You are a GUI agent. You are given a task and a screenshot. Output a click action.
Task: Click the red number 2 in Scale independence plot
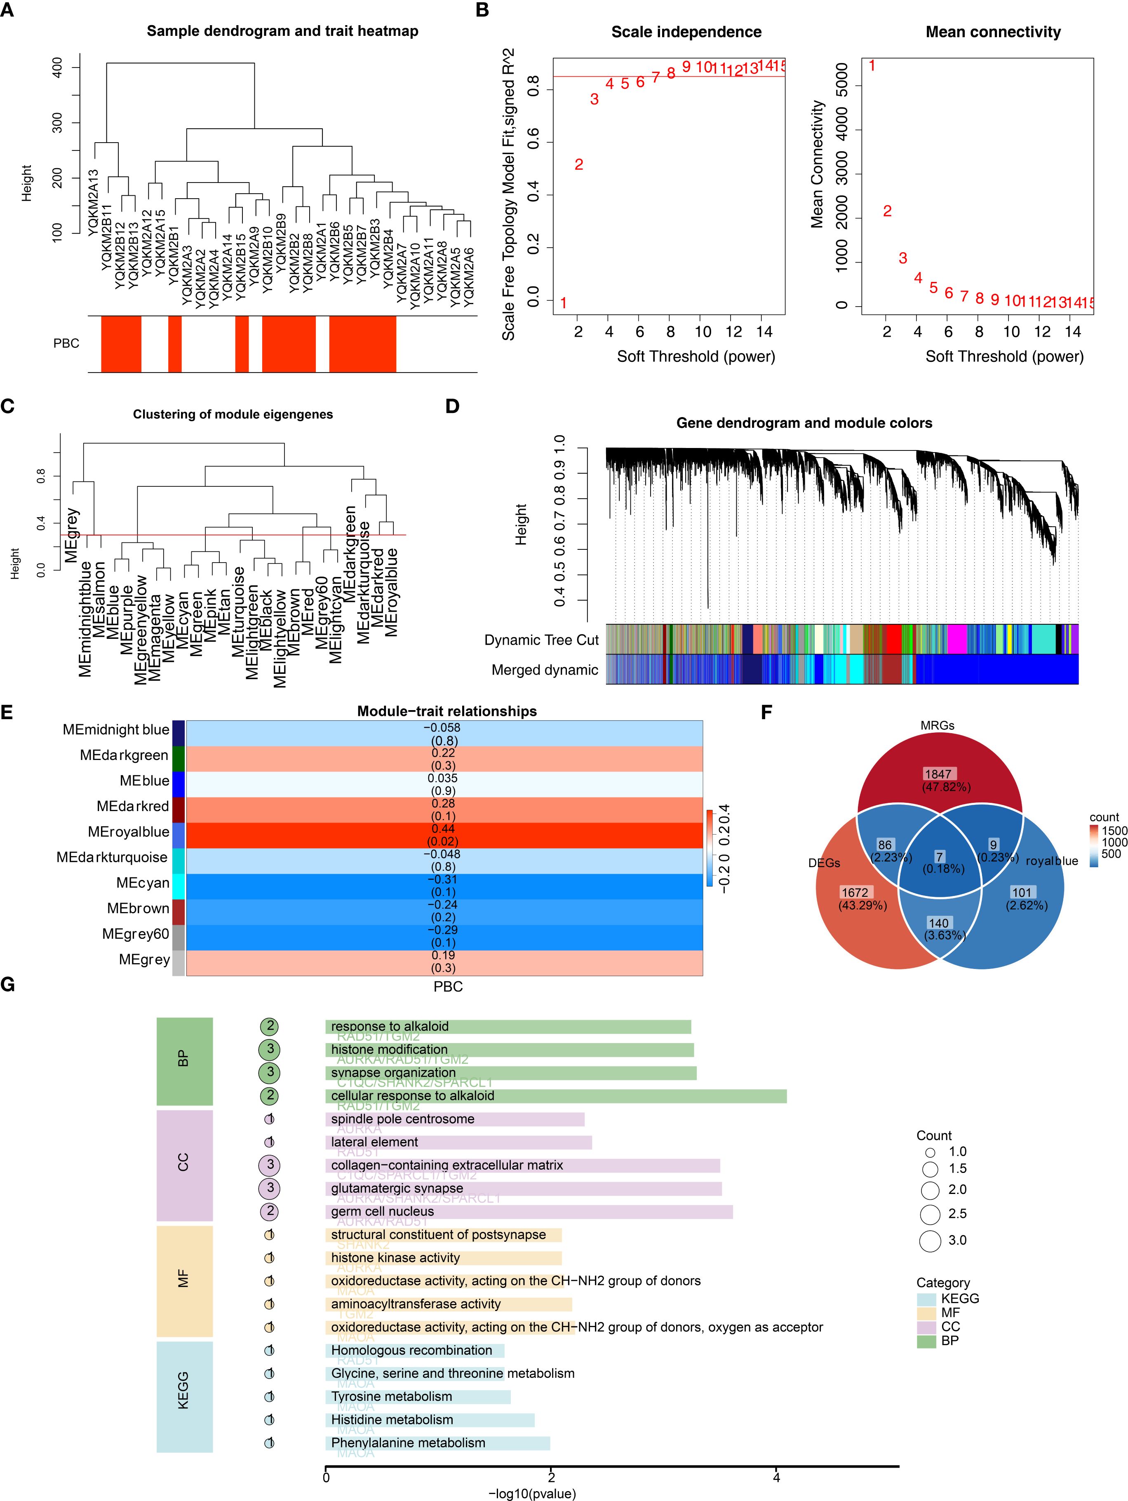click(x=578, y=164)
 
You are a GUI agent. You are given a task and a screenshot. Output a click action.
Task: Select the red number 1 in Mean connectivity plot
click(x=872, y=66)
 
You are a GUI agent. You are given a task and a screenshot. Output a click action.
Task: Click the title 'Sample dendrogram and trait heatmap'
click(x=282, y=31)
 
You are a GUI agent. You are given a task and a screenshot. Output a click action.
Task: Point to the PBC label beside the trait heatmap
click(x=66, y=343)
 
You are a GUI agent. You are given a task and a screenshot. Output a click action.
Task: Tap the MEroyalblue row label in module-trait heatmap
click(x=128, y=832)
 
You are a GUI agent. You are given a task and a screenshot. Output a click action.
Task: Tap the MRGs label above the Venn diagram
click(x=937, y=725)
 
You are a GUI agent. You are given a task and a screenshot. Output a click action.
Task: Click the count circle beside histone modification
click(x=270, y=1050)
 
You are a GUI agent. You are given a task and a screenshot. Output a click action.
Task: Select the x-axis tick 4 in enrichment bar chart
click(x=776, y=1477)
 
